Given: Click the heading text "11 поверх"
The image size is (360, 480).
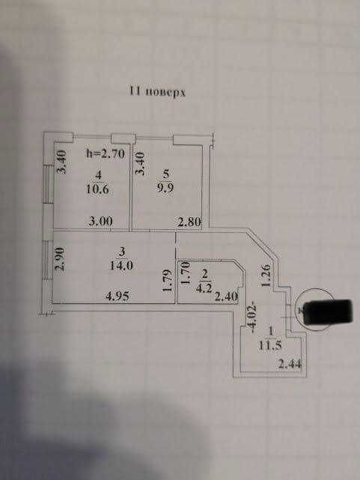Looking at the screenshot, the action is (x=157, y=91).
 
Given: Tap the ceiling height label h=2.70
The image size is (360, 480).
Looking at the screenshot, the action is (x=106, y=153).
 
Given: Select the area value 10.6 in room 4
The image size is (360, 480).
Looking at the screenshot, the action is (x=97, y=189).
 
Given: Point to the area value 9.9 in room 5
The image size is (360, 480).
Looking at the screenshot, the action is (x=165, y=188).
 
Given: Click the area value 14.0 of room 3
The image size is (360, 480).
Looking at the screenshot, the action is (x=121, y=265).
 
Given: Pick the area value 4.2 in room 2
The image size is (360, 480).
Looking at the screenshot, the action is (x=206, y=288).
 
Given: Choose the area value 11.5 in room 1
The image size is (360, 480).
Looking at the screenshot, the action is (x=270, y=345).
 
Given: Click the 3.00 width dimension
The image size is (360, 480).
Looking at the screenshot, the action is (x=100, y=221).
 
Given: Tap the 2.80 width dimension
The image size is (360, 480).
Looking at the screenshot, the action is (x=189, y=222).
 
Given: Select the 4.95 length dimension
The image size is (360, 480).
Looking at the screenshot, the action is (x=118, y=296).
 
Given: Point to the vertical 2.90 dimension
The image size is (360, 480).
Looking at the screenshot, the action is (x=60, y=258).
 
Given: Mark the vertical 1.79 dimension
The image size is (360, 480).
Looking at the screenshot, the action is (x=167, y=281).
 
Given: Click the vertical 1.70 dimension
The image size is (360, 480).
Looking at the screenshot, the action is (x=186, y=273).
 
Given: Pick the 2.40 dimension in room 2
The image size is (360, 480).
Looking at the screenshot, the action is (x=226, y=297).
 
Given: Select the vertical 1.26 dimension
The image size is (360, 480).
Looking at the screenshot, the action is (x=266, y=276).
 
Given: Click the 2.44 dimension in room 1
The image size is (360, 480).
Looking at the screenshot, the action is (x=290, y=364).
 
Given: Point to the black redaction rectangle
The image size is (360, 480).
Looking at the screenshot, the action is (x=329, y=312).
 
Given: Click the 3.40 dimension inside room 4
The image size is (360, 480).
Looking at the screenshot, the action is (x=62, y=162).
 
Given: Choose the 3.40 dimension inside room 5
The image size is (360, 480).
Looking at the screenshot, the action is (x=139, y=163).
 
